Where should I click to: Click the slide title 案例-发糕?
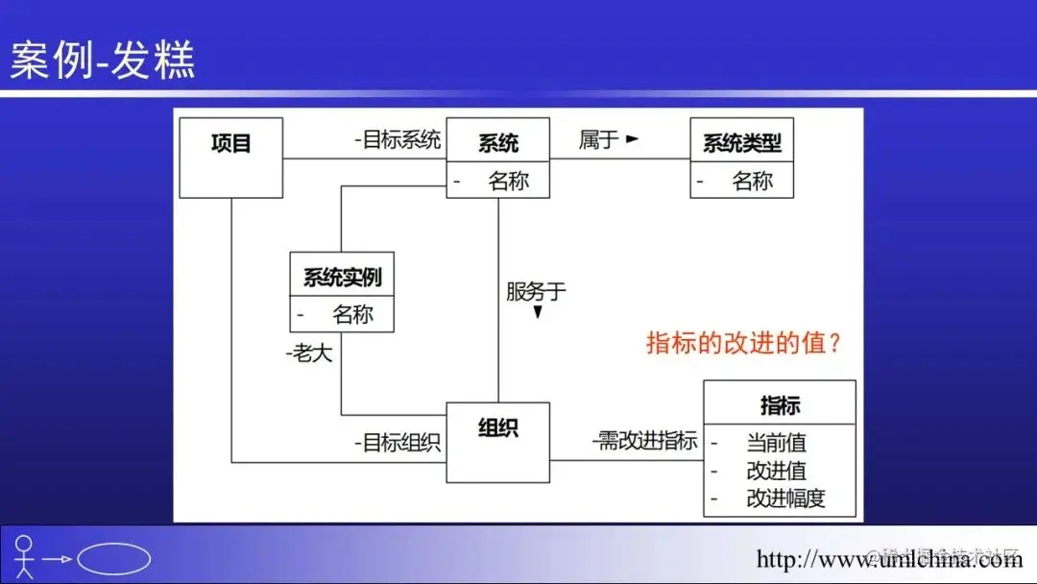coord(103,60)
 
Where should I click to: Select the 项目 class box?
coord(231,158)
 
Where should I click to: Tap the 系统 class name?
coord(498,143)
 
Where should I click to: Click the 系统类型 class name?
coord(742,143)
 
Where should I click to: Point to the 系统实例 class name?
coord(342,278)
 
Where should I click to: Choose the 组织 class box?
coord(498,442)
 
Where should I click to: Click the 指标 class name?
coord(780,405)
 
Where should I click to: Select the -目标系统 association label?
coord(397,140)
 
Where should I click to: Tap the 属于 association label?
coord(598,140)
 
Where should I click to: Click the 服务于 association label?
coord(536,291)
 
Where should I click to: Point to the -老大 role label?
coord(309,353)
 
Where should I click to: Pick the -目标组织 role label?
coord(397,443)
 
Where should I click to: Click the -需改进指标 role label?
coord(644,442)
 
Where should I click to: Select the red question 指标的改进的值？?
coord(744,343)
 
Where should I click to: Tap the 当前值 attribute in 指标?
coord(776,443)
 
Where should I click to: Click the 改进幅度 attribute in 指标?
coord(785,499)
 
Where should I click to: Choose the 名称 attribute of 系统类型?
coord(752,181)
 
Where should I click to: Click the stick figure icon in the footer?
coord(24,557)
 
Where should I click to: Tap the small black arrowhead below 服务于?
coord(538,312)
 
